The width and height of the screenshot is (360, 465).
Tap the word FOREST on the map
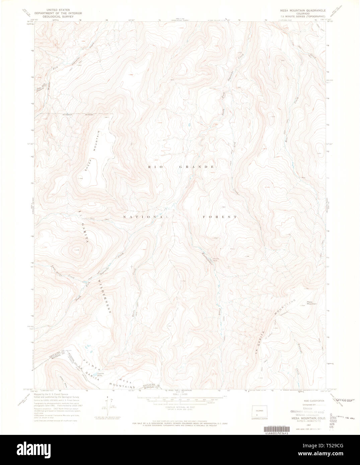pyautogui.click(x=220, y=217)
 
